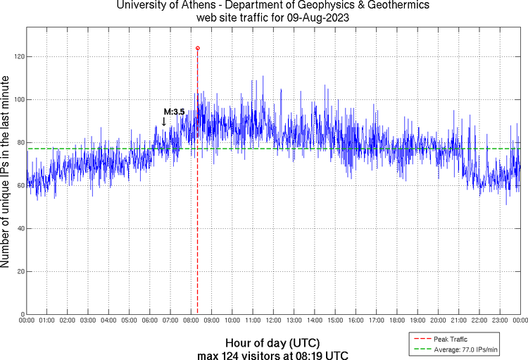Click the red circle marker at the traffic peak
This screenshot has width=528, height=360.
[x=197, y=49]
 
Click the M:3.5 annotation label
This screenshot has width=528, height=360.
[x=174, y=111]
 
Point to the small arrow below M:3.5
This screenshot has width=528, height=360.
[x=164, y=122]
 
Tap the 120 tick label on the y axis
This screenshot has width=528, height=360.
[x=18, y=56]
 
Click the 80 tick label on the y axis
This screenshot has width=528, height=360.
[x=19, y=142]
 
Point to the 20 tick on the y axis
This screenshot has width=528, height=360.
[x=19, y=271]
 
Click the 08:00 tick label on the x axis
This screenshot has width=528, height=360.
[x=191, y=321]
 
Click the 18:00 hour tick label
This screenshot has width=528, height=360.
[x=396, y=321]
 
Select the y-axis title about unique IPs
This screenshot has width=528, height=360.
[x=6, y=172]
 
